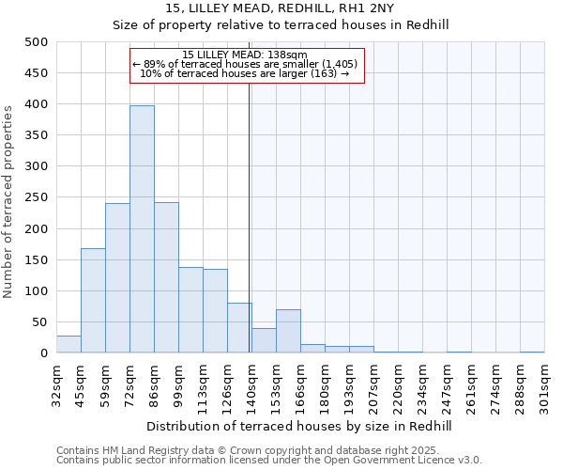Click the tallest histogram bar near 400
pyautogui.click(x=142, y=229)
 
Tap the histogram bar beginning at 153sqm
pyautogui.click(x=288, y=332)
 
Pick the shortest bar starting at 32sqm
pyautogui.click(x=68, y=345)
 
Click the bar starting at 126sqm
pyautogui.click(x=239, y=328)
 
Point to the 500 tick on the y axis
pyautogui.click(x=36, y=42)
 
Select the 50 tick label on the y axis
pyautogui.click(x=39, y=322)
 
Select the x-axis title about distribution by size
pyautogui.click(x=300, y=426)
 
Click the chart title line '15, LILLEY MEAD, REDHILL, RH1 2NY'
pyautogui.click(x=281, y=8)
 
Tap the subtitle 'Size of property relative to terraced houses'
pyautogui.click(x=281, y=25)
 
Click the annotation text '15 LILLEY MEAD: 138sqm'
pyautogui.click(x=245, y=55)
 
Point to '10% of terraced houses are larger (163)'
pyautogui.click(x=245, y=73)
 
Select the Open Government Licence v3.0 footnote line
pyautogui.click(x=269, y=461)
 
